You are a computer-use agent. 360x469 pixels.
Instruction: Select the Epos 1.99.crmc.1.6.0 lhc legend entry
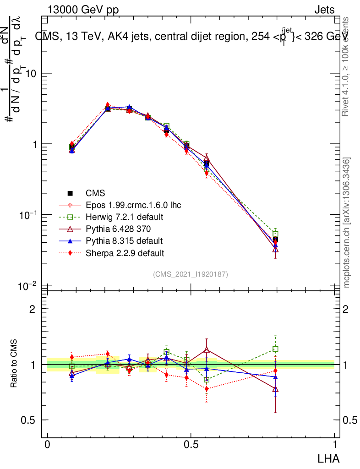(133, 205)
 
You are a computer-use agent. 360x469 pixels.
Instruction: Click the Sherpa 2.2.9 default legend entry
(125, 253)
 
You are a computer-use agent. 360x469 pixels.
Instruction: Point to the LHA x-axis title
(329, 458)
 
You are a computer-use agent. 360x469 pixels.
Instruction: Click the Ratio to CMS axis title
(14, 365)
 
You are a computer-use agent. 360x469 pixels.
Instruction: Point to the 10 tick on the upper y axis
(32, 73)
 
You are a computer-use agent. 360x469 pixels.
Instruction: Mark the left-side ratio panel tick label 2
(33, 309)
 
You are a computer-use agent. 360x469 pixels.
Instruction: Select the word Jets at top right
(324, 10)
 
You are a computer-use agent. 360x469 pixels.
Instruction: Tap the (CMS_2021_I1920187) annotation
(191, 274)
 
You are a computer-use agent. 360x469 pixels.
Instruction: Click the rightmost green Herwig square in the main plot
(275, 234)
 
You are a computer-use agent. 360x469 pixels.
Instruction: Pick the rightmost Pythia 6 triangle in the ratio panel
(275, 389)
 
